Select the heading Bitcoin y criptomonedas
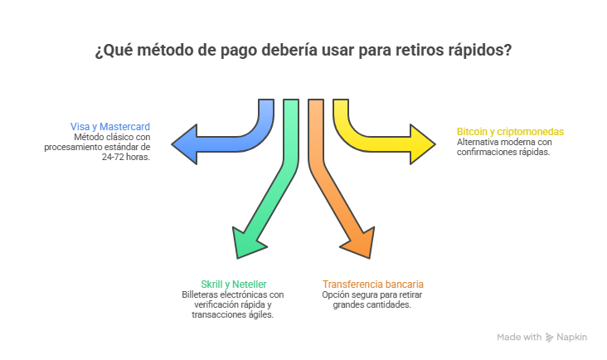[x=510, y=132]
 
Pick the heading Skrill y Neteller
[x=233, y=284]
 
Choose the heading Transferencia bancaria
[x=373, y=284]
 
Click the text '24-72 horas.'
[x=126, y=156]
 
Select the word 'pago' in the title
[x=237, y=51]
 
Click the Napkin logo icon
[x=549, y=338]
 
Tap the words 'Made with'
[x=519, y=338]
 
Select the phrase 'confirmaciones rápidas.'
[x=503, y=152]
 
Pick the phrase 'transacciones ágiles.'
[x=233, y=314]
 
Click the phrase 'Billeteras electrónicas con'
[x=233, y=294]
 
